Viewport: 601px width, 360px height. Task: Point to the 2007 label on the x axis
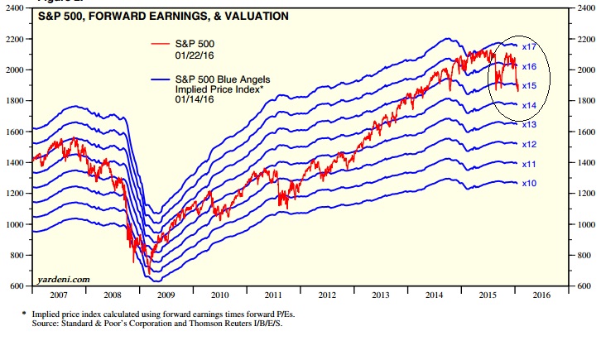(59, 295)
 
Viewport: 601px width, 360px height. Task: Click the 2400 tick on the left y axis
(15, 8)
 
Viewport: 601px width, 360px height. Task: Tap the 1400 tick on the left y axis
(15, 162)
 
